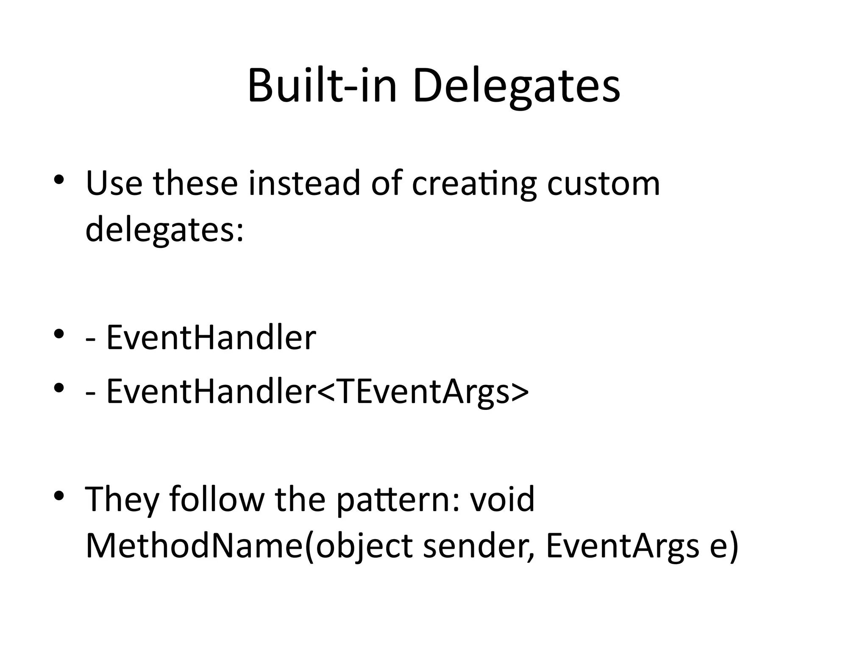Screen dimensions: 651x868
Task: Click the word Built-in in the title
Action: (322, 87)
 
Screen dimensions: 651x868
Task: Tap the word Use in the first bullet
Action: (114, 183)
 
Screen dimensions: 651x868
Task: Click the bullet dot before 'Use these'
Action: (59, 180)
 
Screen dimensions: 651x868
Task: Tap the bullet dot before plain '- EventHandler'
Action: (59, 334)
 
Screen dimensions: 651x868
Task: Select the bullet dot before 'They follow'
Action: (59, 495)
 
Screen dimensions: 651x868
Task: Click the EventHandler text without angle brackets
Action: (211, 338)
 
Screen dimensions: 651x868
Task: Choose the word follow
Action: (217, 499)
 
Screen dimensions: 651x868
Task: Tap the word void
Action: (502, 499)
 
